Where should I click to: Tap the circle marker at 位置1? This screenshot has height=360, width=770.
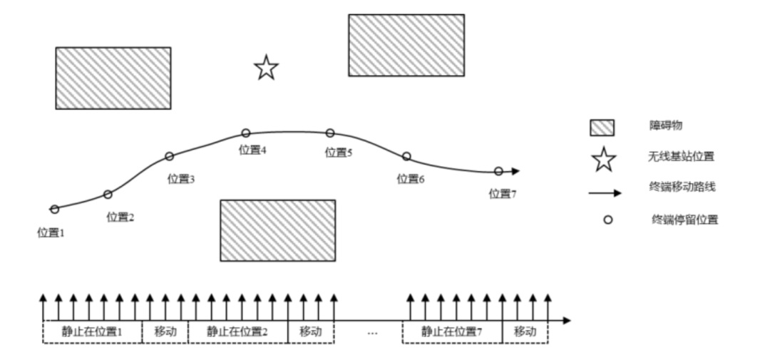[54, 209]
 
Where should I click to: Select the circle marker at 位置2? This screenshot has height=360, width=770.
[108, 194]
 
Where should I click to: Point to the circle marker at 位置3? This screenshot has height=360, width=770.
[170, 156]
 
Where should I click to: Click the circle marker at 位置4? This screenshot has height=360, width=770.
[246, 133]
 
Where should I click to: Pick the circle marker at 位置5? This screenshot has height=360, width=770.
[330, 133]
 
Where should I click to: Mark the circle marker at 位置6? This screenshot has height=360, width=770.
[406, 156]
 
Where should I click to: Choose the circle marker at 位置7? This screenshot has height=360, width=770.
[498, 171]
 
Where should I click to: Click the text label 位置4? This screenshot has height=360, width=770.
[252, 150]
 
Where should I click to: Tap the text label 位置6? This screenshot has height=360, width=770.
[411, 178]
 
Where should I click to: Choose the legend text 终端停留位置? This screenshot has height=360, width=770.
[684, 220]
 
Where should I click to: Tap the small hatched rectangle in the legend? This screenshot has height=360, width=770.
[602, 127]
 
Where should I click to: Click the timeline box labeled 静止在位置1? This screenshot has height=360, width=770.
[93, 331]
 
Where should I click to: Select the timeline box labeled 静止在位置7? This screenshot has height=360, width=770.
[452, 331]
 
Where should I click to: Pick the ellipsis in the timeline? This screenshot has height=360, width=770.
[371, 332]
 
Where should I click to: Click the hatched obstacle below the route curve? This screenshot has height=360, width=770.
[277, 230]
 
